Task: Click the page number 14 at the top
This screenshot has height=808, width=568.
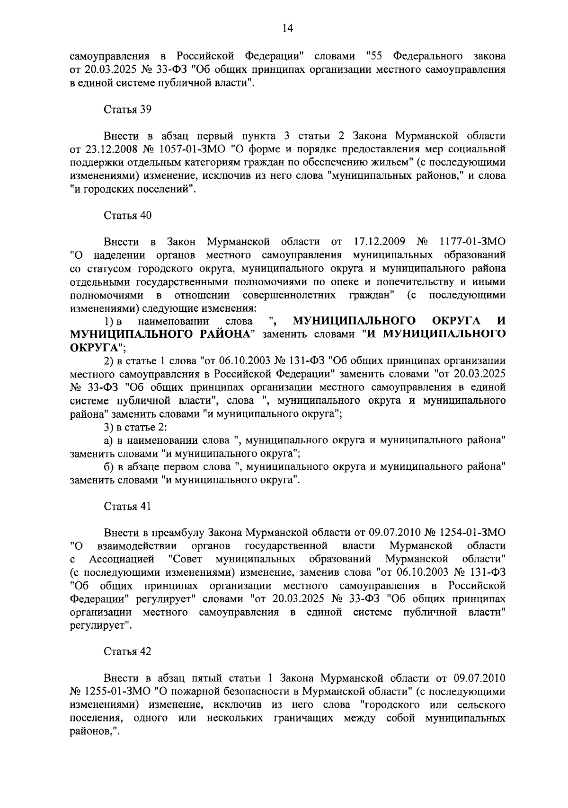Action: [287, 28]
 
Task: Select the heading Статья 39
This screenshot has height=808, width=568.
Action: [127, 109]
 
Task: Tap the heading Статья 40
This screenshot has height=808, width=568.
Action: [127, 215]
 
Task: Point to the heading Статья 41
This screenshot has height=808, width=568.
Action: [127, 506]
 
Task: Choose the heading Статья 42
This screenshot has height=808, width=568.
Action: [127, 651]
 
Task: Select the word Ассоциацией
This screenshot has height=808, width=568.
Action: [122, 559]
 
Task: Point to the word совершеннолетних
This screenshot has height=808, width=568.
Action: [289, 295]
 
